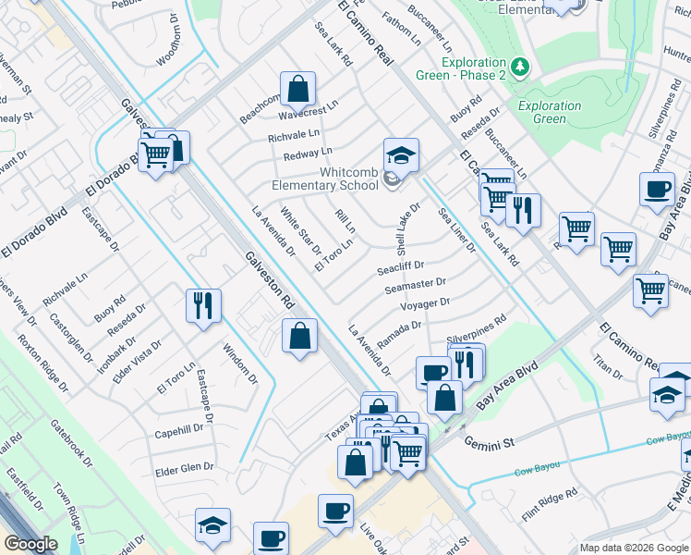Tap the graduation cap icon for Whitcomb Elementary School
click(x=401, y=154)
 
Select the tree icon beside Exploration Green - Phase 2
click(x=521, y=67)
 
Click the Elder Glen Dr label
click(x=184, y=468)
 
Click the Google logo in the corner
click(x=30, y=544)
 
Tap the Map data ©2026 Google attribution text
click(x=632, y=547)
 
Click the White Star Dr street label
click(x=301, y=231)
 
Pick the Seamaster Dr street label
click(x=415, y=287)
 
